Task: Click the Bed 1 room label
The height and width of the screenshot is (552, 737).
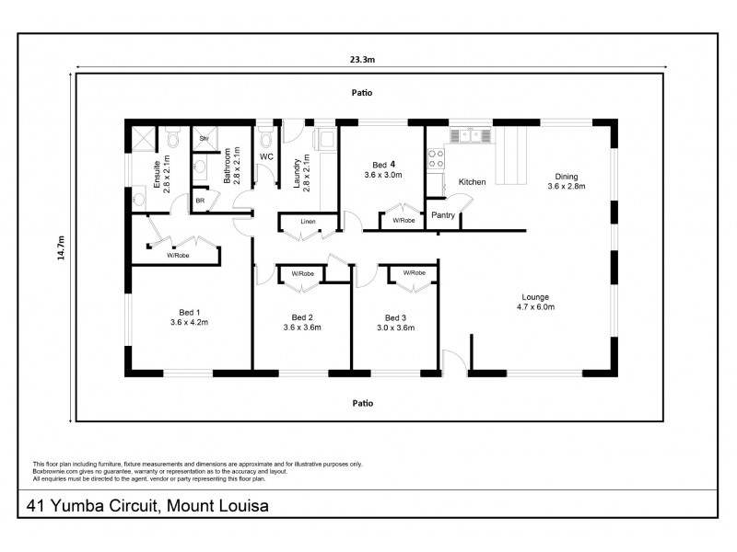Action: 190,317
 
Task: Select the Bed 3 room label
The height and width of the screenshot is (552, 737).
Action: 395,322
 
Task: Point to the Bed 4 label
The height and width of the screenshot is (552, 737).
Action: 383,169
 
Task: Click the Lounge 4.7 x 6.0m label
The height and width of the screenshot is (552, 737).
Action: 535,302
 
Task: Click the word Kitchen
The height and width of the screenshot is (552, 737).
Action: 472,182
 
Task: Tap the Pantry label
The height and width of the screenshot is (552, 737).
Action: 444,214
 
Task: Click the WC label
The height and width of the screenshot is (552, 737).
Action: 267,157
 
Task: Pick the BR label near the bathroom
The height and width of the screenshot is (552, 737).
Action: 199,200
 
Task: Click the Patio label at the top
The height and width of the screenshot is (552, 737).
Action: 361,93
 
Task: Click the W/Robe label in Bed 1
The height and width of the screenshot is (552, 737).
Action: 178,255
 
